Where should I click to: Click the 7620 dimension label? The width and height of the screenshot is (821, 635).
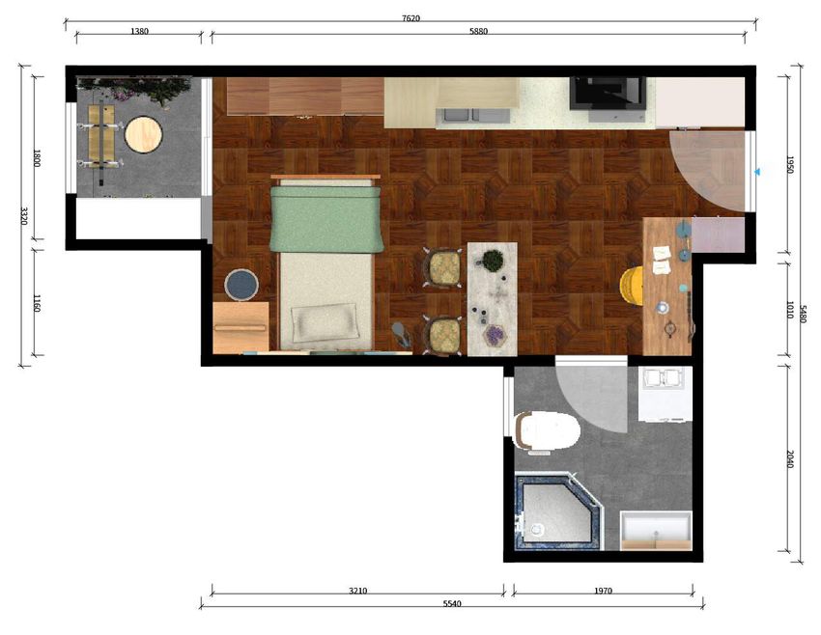[x=410, y=18]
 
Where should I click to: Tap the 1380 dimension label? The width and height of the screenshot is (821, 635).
[x=139, y=32]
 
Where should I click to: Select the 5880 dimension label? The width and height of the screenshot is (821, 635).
[x=478, y=32]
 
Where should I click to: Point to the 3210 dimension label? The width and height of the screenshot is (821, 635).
[x=358, y=591]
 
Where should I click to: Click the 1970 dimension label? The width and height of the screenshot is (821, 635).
[x=603, y=591]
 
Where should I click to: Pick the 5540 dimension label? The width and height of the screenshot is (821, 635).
[x=452, y=603]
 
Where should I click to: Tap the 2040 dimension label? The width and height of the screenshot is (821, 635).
[x=791, y=459]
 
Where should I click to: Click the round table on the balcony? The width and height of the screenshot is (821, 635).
[x=144, y=135]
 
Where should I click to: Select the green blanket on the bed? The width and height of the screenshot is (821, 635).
[x=326, y=219]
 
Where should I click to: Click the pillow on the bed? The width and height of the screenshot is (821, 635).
[x=326, y=322]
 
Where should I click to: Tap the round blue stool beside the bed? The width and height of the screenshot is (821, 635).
[x=241, y=285]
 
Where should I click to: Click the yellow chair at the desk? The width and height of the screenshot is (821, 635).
[x=632, y=285]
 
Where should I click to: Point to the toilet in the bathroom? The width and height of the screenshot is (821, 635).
[x=547, y=431]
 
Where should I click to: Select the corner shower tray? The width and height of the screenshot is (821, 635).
[x=558, y=511]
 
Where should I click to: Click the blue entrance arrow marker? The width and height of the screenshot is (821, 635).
[x=756, y=172]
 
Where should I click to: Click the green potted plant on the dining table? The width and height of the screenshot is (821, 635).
[x=493, y=260]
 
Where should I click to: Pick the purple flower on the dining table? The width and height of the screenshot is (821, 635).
[x=494, y=335]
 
